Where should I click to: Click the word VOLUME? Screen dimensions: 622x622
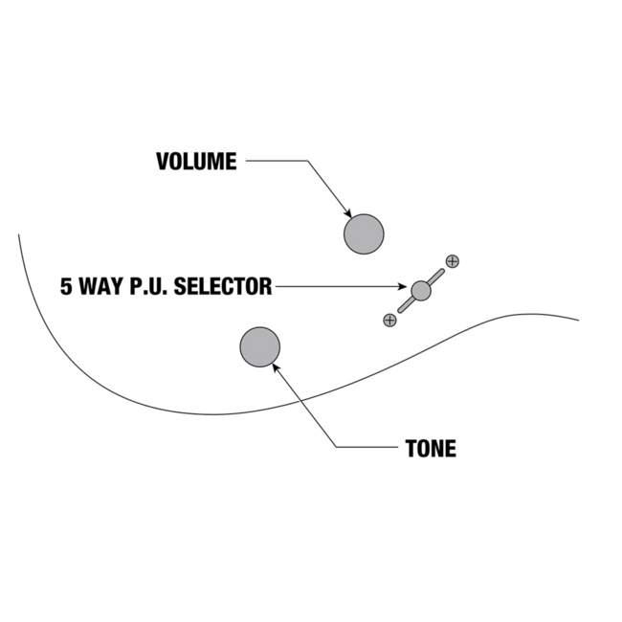coord(196,162)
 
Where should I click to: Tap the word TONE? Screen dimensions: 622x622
coord(431,448)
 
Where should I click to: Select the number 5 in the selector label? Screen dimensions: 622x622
coord(66,286)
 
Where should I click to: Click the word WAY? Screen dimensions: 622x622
coord(100,286)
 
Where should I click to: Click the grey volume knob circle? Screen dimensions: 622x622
coord(364,234)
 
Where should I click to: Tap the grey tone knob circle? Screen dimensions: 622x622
coord(259,347)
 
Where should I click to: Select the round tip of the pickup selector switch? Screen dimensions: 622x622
coord(421,291)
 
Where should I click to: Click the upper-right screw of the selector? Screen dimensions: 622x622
coord(453,260)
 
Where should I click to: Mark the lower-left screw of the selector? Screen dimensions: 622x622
coord(389,320)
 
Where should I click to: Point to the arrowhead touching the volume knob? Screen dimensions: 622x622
coord(349,214)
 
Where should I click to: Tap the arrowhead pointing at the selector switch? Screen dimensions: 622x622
coord(406,286)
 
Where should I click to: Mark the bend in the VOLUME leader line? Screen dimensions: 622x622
coord(306,162)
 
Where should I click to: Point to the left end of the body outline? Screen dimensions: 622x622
coord(18,234)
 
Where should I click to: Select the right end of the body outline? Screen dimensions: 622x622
coord(578,321)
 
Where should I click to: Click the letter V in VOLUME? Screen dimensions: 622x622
coord(163,162)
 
